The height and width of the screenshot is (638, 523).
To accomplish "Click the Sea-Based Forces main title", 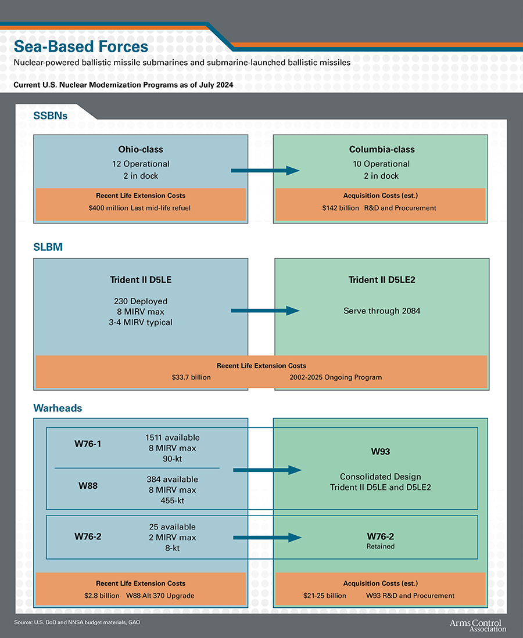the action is point(81,46).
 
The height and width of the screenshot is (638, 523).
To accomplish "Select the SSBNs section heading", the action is point(51,116).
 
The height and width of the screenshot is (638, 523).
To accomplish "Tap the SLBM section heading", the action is point(48,247).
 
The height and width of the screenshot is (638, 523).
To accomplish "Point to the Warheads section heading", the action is point(58,408).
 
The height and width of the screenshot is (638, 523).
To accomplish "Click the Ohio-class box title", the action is point(141,149).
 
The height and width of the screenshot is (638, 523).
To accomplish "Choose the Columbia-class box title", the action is point(382,149).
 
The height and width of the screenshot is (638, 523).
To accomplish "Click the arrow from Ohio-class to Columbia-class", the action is point(265,171).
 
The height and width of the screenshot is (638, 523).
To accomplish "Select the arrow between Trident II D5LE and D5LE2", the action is point(265,311).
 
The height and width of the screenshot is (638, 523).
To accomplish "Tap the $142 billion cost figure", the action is point(341,208).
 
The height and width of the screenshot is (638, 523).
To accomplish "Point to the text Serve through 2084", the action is point(382,311).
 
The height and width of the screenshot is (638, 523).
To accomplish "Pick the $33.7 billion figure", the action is point(191,377).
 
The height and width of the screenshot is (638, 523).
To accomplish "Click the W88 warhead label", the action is point(88,485).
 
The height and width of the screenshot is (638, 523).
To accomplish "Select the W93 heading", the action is point(381,452).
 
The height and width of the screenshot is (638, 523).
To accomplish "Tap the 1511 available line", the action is point(172,437).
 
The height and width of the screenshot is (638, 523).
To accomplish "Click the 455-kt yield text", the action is point(172,500).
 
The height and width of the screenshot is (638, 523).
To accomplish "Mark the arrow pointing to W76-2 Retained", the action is point(267,538).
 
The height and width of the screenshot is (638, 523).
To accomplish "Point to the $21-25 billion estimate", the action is point(325,596).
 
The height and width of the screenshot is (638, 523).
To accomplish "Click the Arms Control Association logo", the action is point(477,625).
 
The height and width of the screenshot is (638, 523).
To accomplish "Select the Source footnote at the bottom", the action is point(77,622).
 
